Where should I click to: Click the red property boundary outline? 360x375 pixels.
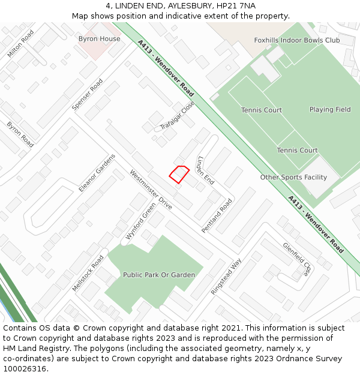(179, 173)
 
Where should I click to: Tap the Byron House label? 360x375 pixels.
(99, 39)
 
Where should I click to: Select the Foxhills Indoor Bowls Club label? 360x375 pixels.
(296, 40)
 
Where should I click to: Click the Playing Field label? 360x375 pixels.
(330, 110)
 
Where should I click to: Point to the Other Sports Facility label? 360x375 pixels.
(293, 178)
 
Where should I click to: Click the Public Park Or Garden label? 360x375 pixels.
(159, 275)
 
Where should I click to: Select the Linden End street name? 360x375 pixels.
(205, 170)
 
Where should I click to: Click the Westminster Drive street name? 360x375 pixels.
(151, 190)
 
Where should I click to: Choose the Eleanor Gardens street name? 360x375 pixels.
(97, 173)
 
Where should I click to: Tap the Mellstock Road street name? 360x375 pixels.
(88, 274)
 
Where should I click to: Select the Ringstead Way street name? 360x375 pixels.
(226, 276)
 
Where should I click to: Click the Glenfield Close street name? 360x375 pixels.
(297, 259)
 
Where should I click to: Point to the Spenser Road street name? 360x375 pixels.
(88, 95)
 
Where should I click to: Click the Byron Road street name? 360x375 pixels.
(20, 135)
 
